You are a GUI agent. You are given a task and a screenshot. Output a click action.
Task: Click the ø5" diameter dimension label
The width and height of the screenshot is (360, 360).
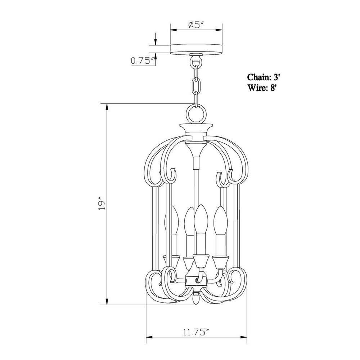click(x=196, y=25)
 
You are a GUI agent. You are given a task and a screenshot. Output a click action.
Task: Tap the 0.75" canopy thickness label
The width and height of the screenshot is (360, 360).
click(x=143, y=61)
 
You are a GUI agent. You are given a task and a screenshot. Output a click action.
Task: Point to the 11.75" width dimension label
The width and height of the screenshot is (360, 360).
click(x=196, y=332)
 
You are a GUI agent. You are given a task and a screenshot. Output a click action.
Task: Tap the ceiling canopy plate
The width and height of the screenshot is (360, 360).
click(x=196, y=49)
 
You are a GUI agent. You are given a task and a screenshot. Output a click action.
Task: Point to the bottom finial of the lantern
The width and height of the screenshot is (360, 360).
click(x=196, y=299)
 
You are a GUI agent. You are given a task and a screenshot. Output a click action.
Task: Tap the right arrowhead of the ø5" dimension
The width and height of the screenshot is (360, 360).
click(x=219, y=30)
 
